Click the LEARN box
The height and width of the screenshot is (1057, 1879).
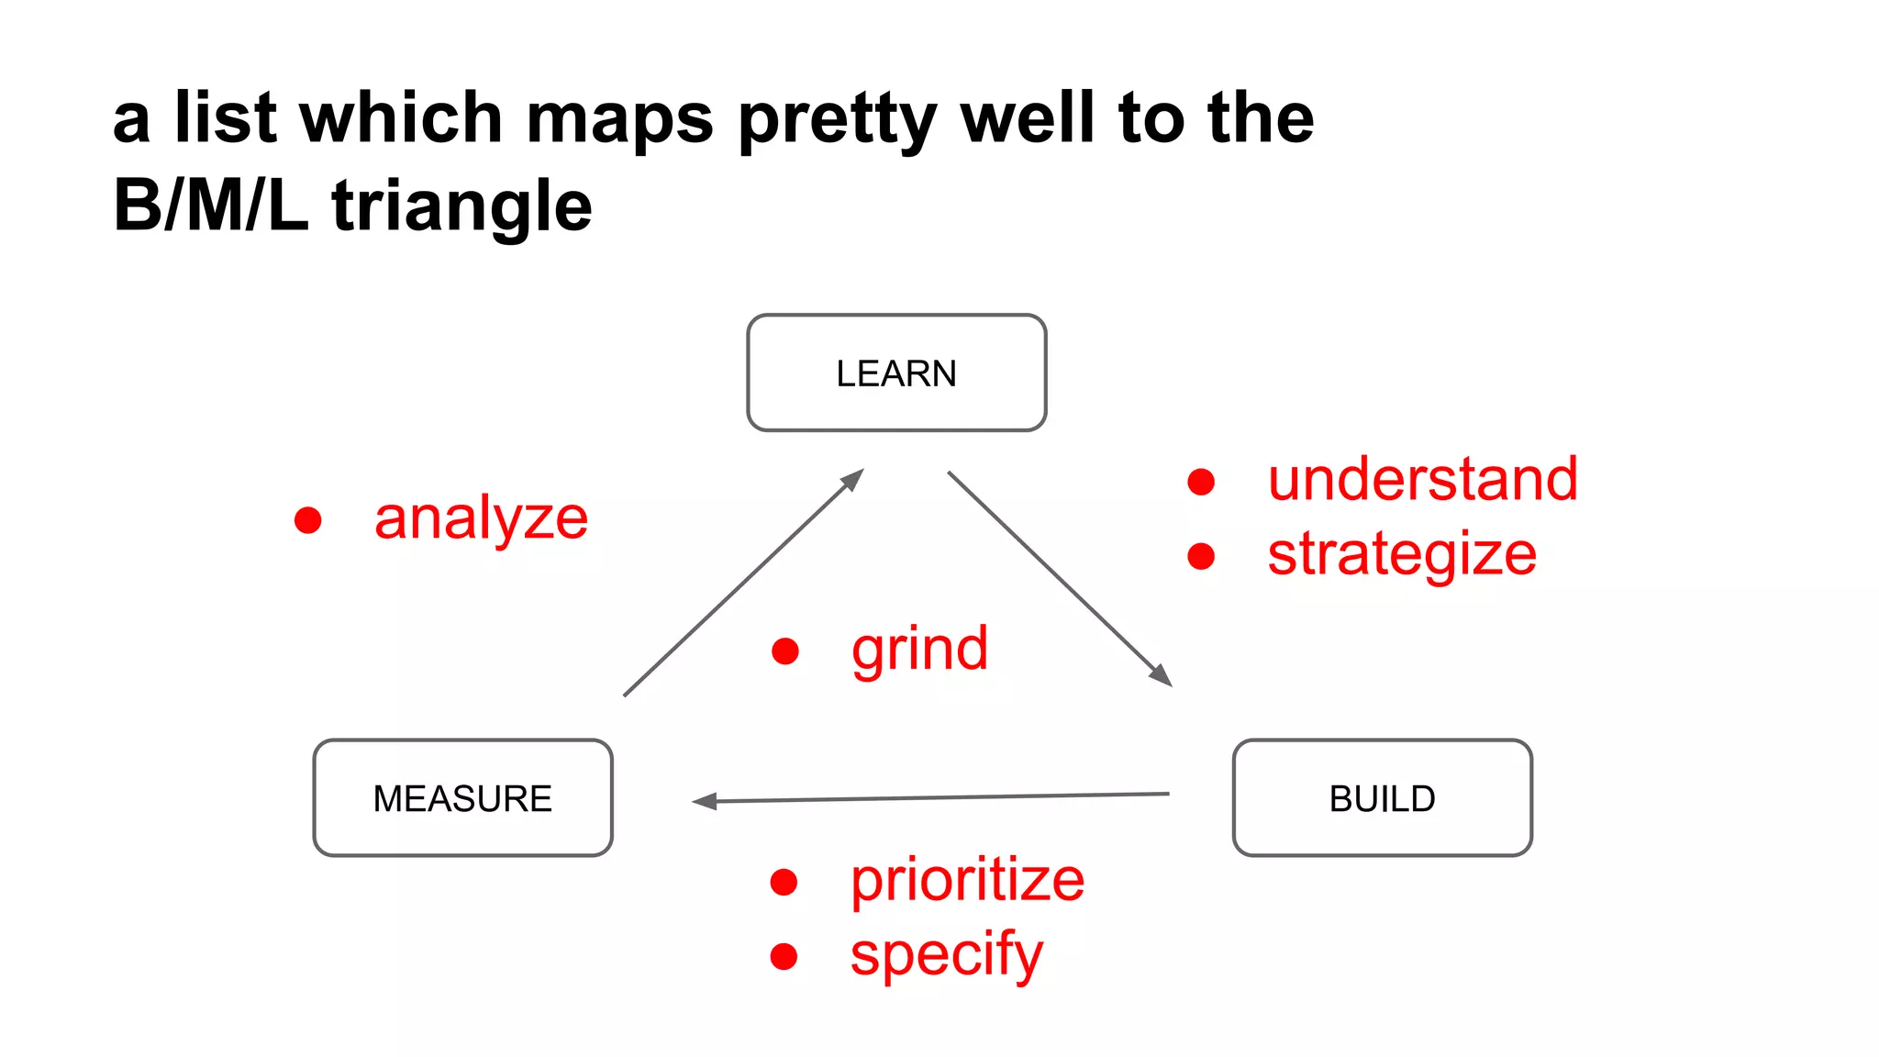(896, 373)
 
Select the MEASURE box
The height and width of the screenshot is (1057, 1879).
(462, 798)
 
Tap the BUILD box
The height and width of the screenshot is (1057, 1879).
(1382, 798)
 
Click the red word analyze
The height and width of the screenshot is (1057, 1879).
(481, 519)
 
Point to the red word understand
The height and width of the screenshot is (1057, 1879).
(1422, 479)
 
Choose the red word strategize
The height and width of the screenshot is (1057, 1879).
(1402, 554)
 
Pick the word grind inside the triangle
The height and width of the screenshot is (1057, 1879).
(919, 650)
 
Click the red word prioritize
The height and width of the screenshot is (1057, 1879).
(967, 881)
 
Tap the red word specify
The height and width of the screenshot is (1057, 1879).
(946, 955)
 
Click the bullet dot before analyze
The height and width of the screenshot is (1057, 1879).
(308, 520)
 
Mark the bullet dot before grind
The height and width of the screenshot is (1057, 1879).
(785, 651)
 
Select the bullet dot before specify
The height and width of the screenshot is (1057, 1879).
(784, 957)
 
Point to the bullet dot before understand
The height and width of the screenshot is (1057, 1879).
(1201, 482)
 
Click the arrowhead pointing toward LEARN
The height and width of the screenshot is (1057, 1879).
(854, 478)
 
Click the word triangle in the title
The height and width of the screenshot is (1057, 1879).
(461, 206)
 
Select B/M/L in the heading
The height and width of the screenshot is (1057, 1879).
(210, 206)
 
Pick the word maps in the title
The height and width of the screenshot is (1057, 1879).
(619, 119)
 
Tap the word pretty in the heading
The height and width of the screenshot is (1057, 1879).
(838, 119)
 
